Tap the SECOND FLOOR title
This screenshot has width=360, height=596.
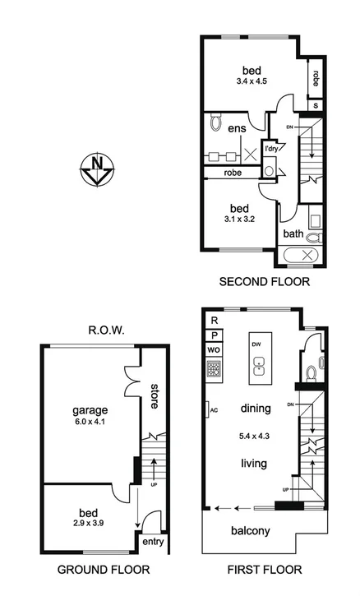point(264,282)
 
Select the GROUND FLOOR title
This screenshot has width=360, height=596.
point(103,569)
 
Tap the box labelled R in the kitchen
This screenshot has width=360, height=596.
point(214,320)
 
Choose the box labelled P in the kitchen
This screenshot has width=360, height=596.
point(214,335)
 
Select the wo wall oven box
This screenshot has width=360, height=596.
point(214,351)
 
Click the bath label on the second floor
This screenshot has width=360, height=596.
point(293,234)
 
